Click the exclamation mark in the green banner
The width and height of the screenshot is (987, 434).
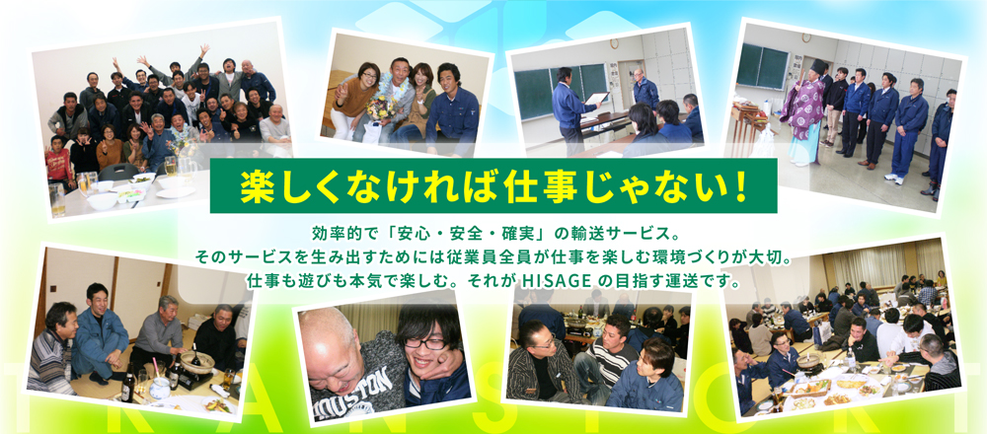pyautogui.click(x=739, y=185)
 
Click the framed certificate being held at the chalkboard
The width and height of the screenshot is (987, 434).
pyautogui.click(x=595, y=100)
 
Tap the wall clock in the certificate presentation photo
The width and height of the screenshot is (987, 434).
pyautogui.click(x=614, y=44)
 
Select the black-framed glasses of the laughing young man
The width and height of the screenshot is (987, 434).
pyautogui.click(x=423, y=343)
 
